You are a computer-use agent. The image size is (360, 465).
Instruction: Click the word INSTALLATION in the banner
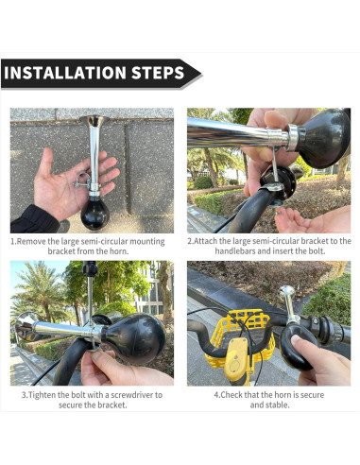pyautogui.click(x=65, y=73)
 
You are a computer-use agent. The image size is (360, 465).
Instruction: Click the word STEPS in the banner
pyautogui.click(x=158, y=73)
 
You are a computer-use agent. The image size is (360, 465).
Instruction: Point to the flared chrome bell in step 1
pyautogui.click(x=94, y=121)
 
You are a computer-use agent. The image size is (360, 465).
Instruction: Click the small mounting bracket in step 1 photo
pyautogui.click(x=81, y=181)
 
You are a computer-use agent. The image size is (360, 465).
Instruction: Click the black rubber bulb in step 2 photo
pyautogui.click(x=323, y=138)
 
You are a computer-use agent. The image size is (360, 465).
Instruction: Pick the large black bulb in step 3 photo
pyautogui.click(x=133, y=338)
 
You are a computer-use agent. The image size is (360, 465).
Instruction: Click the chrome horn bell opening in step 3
pyautogui.click(x=25, y=326)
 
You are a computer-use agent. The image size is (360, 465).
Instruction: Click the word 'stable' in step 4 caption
pyautogui.click(x=277, y=405)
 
